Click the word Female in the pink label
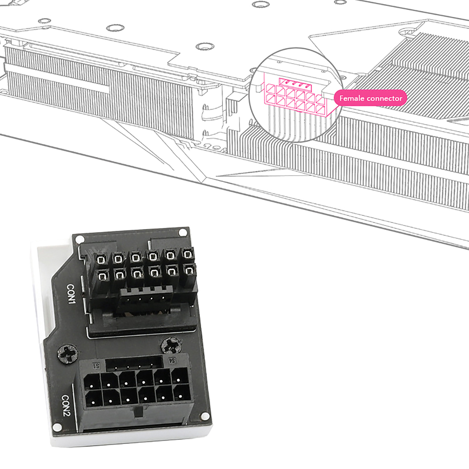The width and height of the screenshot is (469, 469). (x=350, y=98)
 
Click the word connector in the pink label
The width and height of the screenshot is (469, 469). (x=383, y=98)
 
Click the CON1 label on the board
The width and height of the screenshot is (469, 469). (x=71, y=294)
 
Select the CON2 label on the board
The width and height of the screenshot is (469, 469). (x=66, y=406)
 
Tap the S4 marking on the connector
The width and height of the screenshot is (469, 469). (x=172, y=361)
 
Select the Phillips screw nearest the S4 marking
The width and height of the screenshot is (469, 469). (x=171, y=345)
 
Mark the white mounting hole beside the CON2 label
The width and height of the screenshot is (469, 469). (x=57, y=427)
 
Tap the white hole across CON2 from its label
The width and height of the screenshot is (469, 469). (x=206, y=415)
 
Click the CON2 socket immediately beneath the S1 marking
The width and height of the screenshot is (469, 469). (x=92, y=382)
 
